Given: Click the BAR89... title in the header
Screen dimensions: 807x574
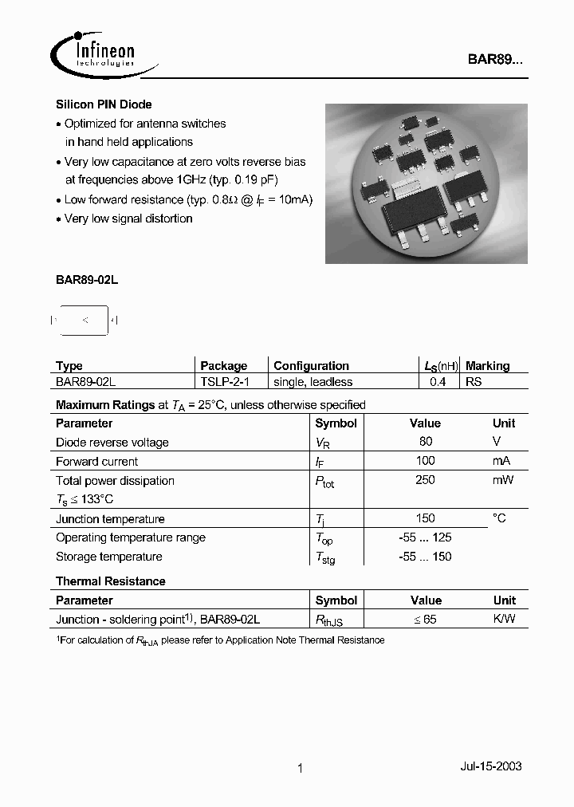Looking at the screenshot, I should click(x=495, y=59).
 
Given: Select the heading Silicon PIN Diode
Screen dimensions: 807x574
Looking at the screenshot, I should click(x=104, y=104).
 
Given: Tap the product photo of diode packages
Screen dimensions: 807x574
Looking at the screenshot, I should click(x=426, y=183).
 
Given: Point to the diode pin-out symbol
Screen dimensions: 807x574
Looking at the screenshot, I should click(x=85, y=321).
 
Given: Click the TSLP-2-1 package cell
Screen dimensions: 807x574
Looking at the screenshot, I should click(x=225, y=382).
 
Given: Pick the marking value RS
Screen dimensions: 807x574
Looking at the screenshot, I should click(x=474, y=382).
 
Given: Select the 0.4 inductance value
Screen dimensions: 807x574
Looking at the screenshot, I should click(x=438, y=382).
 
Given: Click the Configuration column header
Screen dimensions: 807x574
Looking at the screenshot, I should click(x=311, y=366).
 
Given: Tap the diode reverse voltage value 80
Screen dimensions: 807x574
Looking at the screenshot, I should click(x=426, y=442).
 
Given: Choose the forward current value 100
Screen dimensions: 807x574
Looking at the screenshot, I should click(x=426, y=461).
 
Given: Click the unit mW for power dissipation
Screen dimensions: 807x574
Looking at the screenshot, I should click(x=503, y=480).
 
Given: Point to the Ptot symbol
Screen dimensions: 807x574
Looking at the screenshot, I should click(x=324, y=482).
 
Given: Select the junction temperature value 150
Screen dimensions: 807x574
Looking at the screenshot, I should click(x=426, y=518).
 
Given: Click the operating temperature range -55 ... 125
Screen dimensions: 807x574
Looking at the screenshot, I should click(x=426, y=537).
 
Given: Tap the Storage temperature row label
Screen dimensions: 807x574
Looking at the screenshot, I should click(x=109, y=557).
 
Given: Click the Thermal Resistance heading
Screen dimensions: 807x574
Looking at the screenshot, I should click(x=111, y=581).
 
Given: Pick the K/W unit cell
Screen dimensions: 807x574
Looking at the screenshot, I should click(x=504, y=619).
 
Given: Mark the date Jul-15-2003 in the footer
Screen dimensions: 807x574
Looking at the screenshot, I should click(x=491, y=766).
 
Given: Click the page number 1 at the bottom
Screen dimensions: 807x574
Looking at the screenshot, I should click(x=300, y=769).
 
